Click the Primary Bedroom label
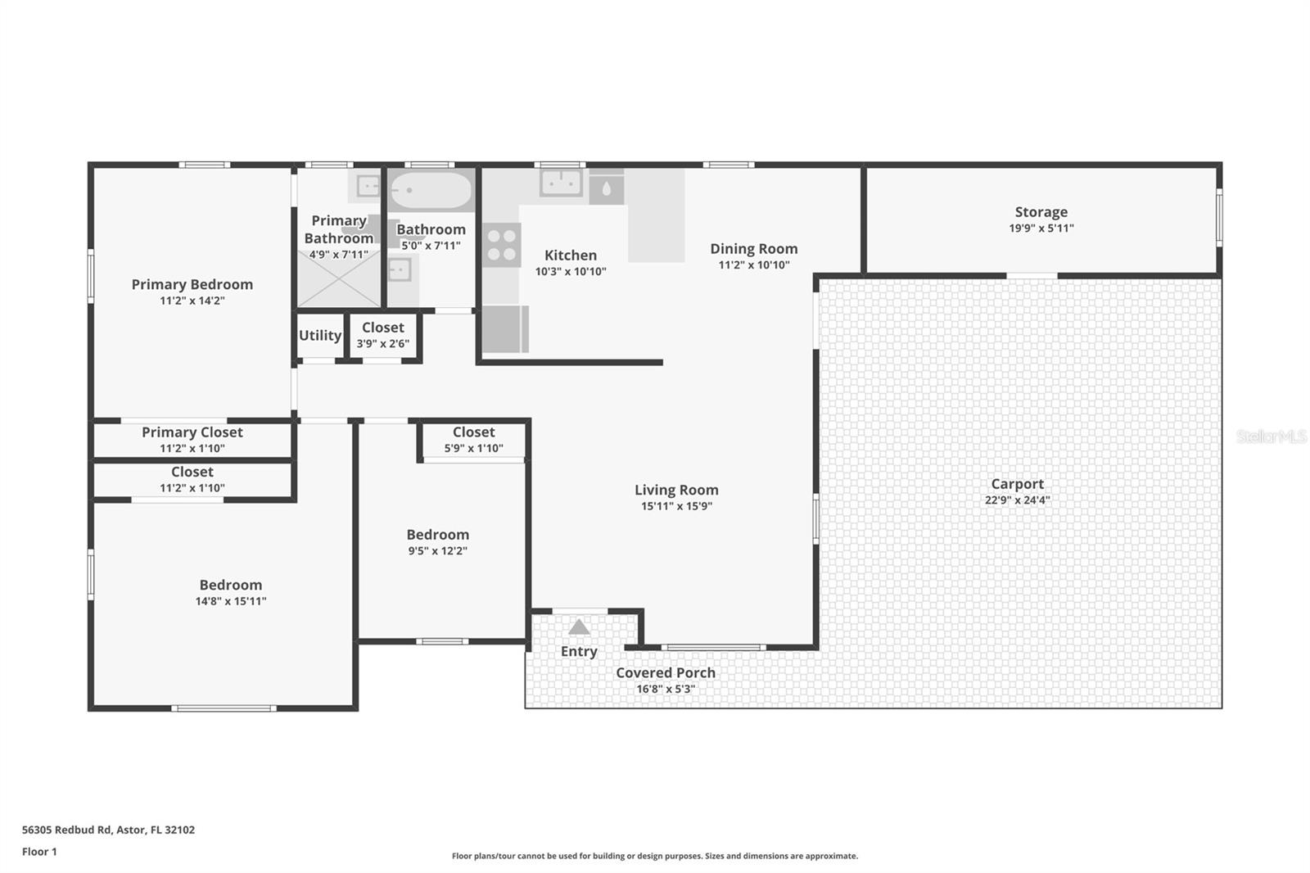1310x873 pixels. click(x=192, y=284)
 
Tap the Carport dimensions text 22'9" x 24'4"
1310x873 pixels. click(x=1017, y=500)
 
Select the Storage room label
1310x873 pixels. click(x=1041, y=212)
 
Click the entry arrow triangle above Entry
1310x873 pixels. click(x=579, y=627)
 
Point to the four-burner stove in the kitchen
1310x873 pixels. click(x=501, y=245)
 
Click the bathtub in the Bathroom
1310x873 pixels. click(x=431, y=192)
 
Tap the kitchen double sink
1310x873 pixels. click(x=561, y=182)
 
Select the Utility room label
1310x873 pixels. click(x=319, y=335)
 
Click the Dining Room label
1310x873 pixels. click(x=753, y=249)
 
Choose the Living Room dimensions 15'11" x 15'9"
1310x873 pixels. click(x=676, y=506)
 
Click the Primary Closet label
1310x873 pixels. click(x=192, y=432)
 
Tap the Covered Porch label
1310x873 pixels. click(x=665, y=672)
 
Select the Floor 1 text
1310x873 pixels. click(x=39, y=852)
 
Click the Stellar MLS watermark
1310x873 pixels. click(x=1271, y=436)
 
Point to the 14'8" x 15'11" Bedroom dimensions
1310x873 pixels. click(x=230, y=601)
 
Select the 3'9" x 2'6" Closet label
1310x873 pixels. click(x=382, y=328)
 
